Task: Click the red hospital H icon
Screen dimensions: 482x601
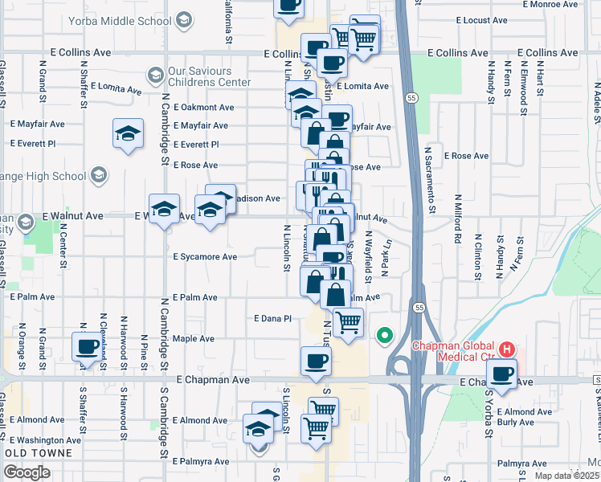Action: click(x=507, y=349)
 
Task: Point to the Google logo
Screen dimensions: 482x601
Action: click(x=27, y=472)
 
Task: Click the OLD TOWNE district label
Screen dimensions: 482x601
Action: click(x=39, y=454)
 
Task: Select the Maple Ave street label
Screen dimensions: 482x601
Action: click(x=193, y=339)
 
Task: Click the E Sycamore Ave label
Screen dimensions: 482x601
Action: click(x=205, y=257)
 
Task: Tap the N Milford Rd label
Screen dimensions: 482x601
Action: click(x=457, y=218)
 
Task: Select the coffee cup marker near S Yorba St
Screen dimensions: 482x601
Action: click(x=503, y=374)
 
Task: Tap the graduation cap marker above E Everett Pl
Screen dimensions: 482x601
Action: click(x=128, y=134)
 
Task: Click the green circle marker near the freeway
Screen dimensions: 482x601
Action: click(x=385, y=334)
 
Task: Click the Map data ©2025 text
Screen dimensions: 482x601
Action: click(x=566, y=476)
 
